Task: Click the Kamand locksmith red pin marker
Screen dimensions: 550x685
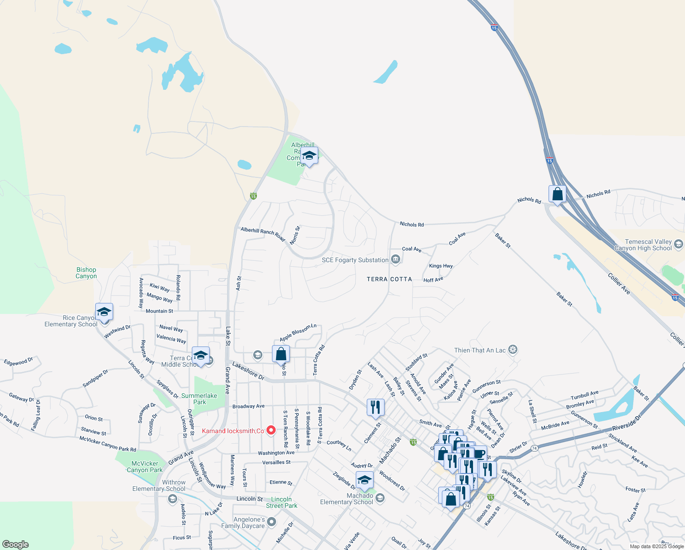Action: pos(271,430)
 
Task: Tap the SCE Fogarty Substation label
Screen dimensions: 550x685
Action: pos(355,260)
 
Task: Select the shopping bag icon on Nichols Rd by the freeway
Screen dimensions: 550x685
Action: pos(557,194)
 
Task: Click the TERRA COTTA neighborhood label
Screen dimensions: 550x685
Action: pos(389,279)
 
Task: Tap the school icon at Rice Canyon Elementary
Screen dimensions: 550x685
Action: pos(104,312)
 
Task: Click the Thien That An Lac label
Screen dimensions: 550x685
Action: pos(480,350)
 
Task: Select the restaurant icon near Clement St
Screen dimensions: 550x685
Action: pos(375,407)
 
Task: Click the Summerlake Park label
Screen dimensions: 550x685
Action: pos(199,399)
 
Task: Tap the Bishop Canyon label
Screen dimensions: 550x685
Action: pos(86,273)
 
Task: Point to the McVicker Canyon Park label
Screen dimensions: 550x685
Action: pos(145,467)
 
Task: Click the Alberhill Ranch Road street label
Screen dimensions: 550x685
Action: pos(263,234)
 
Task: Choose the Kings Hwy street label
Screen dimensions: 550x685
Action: pos(440,266)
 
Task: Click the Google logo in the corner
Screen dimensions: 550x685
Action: pos(15,544)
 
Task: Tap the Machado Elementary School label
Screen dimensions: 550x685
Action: pos(347,499)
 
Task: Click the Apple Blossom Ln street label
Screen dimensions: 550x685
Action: pos(298,332)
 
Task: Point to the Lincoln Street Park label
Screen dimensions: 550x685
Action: pos(282,502)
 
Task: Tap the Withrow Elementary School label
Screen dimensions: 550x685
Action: pos(159,485)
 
